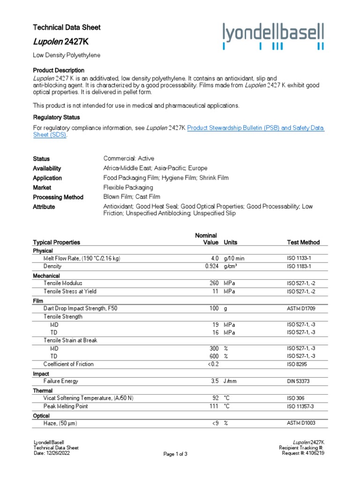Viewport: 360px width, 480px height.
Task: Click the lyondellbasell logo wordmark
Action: click(x=273, y=34)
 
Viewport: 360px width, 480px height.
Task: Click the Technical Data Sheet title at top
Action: click(x=67, y=28)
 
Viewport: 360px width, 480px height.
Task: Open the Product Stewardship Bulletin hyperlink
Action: click(x=255, y=127)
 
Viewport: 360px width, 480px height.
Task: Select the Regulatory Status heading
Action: click(x=56, y=117)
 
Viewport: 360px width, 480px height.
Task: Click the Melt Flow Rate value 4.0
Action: click(x=214, y=258)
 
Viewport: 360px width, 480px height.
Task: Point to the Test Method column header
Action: click(x=303, y=242)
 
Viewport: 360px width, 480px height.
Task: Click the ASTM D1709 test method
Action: click(x=302, y=309)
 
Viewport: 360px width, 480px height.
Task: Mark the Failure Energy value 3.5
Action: click(x=215, y=382)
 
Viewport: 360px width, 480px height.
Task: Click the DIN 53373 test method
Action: click(x=299, y=382)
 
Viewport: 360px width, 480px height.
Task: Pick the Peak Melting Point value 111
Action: click(x=214, y=406)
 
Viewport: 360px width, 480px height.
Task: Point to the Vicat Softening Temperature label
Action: click(x=89, y=398)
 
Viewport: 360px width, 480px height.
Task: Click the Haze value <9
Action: click(x=214, y=423)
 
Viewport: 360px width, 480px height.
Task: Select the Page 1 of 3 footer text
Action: click(x=175, y=454)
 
